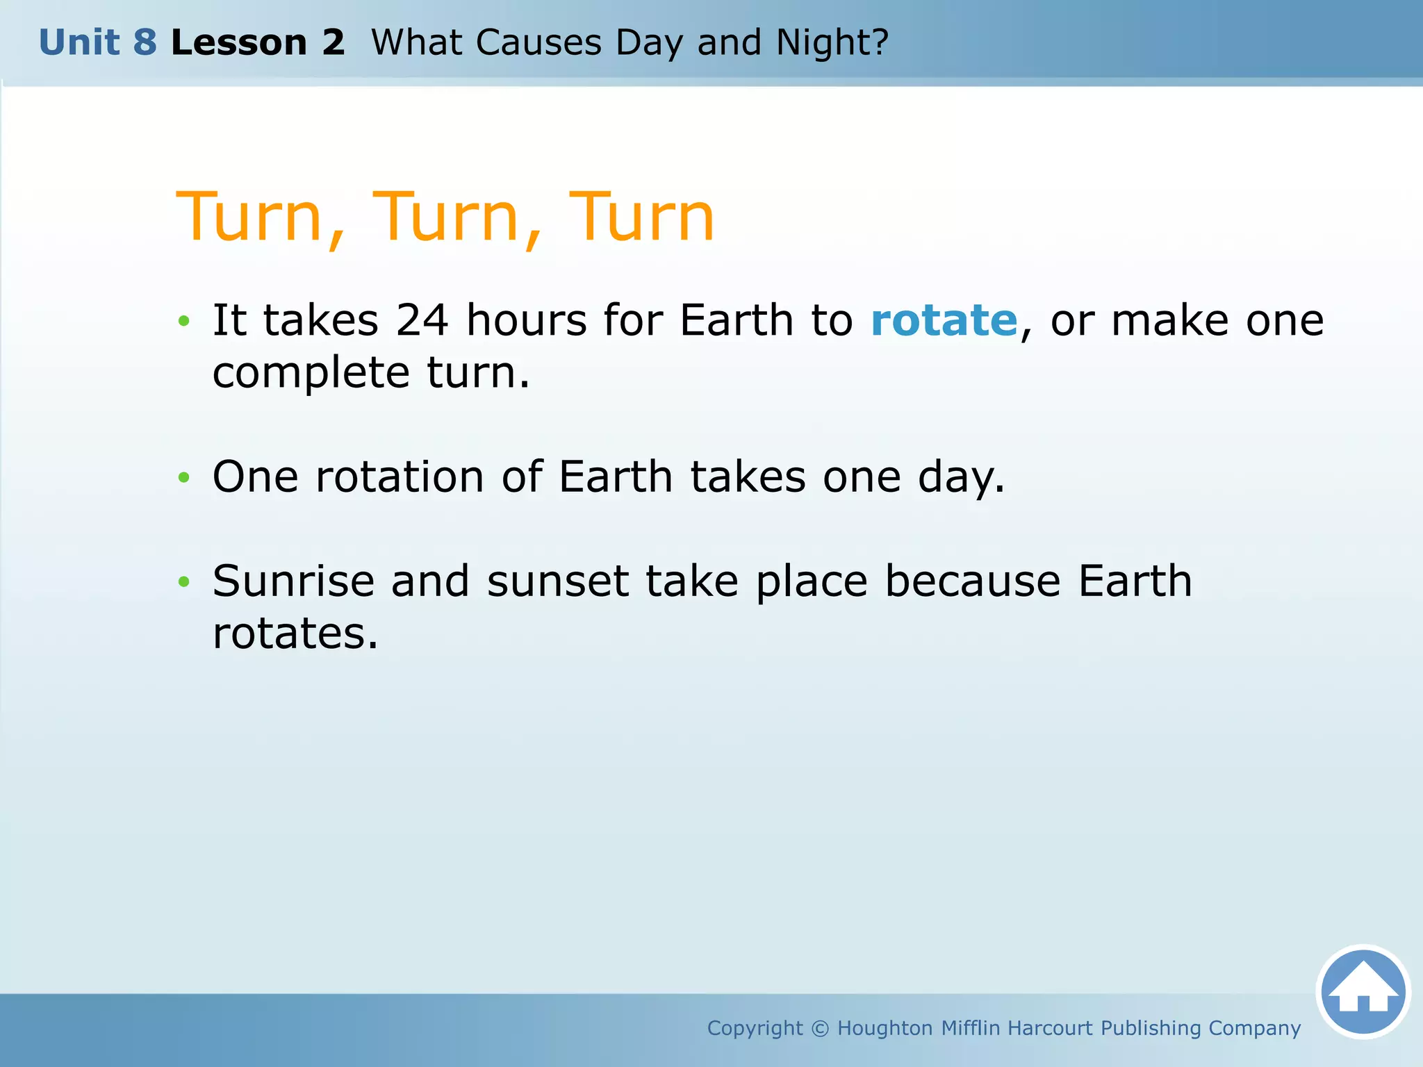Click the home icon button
click(x=1363, y=992)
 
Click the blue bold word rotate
click(x=944, y=321)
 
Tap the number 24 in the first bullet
click(x=422, y=321)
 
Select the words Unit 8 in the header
click(x=98, y=42)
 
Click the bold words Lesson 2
click(x=258, y=42)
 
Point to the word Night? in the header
click(x=832, y=42)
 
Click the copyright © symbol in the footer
click(x=820, y=1028)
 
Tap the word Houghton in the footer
click(x=885, y=1028)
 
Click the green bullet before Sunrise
click(x=183, y=581)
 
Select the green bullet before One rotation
click(x=183, y=477)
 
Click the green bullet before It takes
click(x=183, y=321)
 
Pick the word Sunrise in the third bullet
click(x=293, y=581)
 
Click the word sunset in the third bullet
click(x=557, y=581)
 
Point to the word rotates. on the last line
click(x=295, y=634)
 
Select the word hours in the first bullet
click(x=526, y=321)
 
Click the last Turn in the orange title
click(x=641, y=217)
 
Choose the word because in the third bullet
click(x=972, y=581)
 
